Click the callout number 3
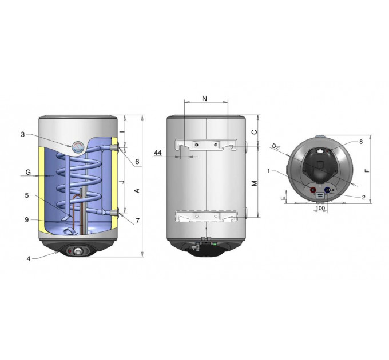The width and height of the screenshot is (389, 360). click(23, 134)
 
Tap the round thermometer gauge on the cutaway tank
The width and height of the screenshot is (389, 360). click(77, 147)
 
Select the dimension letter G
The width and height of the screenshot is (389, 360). click(28, 172)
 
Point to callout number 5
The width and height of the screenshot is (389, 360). click(27, 195)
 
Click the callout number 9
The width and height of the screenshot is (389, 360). click(27, 220)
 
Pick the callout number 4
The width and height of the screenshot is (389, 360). click(29, 259)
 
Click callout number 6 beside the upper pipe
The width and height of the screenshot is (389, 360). click(137, 162)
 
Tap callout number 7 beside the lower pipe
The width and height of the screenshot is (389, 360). click(137, 220)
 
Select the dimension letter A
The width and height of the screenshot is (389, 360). click(137, 190)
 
